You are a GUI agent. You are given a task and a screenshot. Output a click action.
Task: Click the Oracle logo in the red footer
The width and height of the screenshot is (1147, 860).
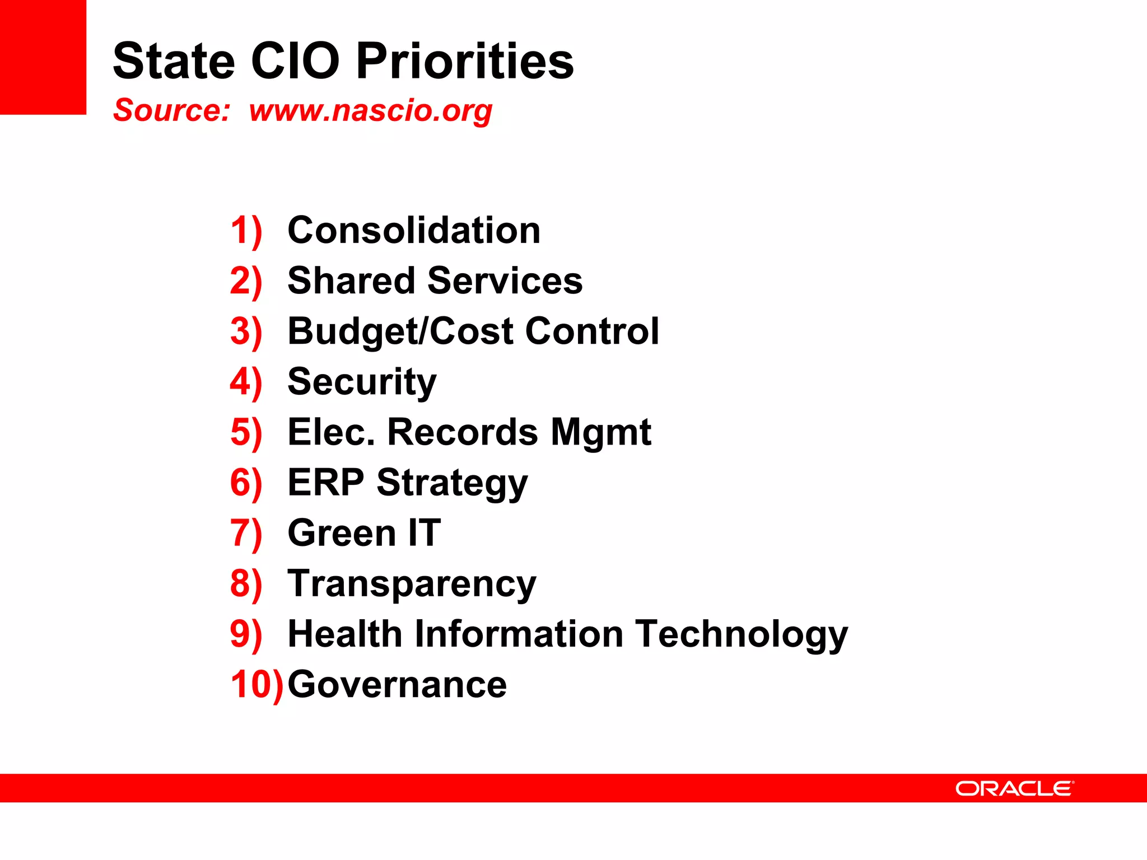click(x=1014, y=788)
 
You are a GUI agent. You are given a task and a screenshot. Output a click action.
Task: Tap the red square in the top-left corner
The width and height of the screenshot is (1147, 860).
click(x=43, y=57)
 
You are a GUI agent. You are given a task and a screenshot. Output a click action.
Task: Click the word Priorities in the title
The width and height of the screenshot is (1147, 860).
click(x=465, y=61)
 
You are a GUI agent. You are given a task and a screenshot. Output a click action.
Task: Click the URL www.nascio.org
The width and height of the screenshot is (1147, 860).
click(x=371, y=110)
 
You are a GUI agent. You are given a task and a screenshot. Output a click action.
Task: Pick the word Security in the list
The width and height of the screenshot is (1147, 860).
click(x=362, y=382)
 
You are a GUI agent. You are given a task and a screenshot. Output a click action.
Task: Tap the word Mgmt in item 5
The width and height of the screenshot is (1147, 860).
click(x=600, y=433)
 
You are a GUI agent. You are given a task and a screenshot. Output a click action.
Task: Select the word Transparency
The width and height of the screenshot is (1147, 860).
click(x=412, y=584)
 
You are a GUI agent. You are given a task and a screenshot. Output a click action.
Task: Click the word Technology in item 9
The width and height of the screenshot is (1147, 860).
click(x=742, y=634)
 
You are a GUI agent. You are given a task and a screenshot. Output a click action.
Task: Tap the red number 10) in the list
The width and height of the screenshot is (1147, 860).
click(x=257, y=684)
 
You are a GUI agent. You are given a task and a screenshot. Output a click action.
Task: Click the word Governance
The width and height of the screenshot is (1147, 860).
click(x=397, y=684)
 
